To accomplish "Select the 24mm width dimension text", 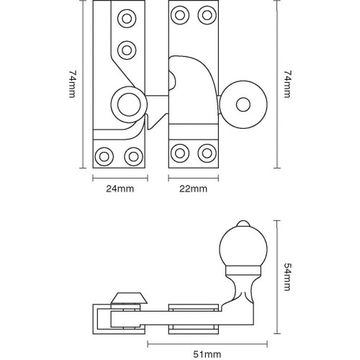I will tap(120, 189).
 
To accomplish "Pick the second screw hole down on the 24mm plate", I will tap(127, 50).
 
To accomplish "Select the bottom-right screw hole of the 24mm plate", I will tap(132, 155).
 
